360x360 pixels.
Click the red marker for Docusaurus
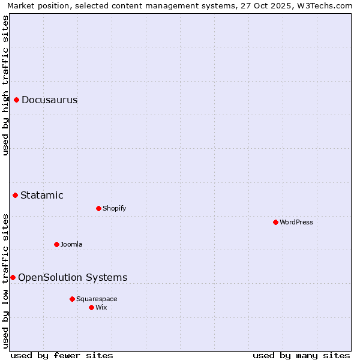point(17,100)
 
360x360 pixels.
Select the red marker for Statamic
point(16,195)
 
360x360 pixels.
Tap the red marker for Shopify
point(99,208)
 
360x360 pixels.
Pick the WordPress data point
point(276,222)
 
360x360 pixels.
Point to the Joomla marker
point(57,244)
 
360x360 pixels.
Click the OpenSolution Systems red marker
point(13,277)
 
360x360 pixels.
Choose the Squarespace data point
point(73,299)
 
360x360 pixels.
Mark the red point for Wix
point(92,307)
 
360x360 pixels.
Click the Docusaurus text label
point(50,100)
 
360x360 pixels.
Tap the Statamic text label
point(42,195)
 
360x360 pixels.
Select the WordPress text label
point(296,222)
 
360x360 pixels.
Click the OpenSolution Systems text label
point(73,277)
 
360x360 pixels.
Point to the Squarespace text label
point(97,299)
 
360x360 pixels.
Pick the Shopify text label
point(114,208)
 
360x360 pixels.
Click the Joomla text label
point(71,244)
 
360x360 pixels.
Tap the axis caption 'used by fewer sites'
point(62,355)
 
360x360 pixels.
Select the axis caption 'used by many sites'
point(301,355)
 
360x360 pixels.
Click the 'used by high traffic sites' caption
point(5,85)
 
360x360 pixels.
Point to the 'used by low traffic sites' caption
point(5,280)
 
